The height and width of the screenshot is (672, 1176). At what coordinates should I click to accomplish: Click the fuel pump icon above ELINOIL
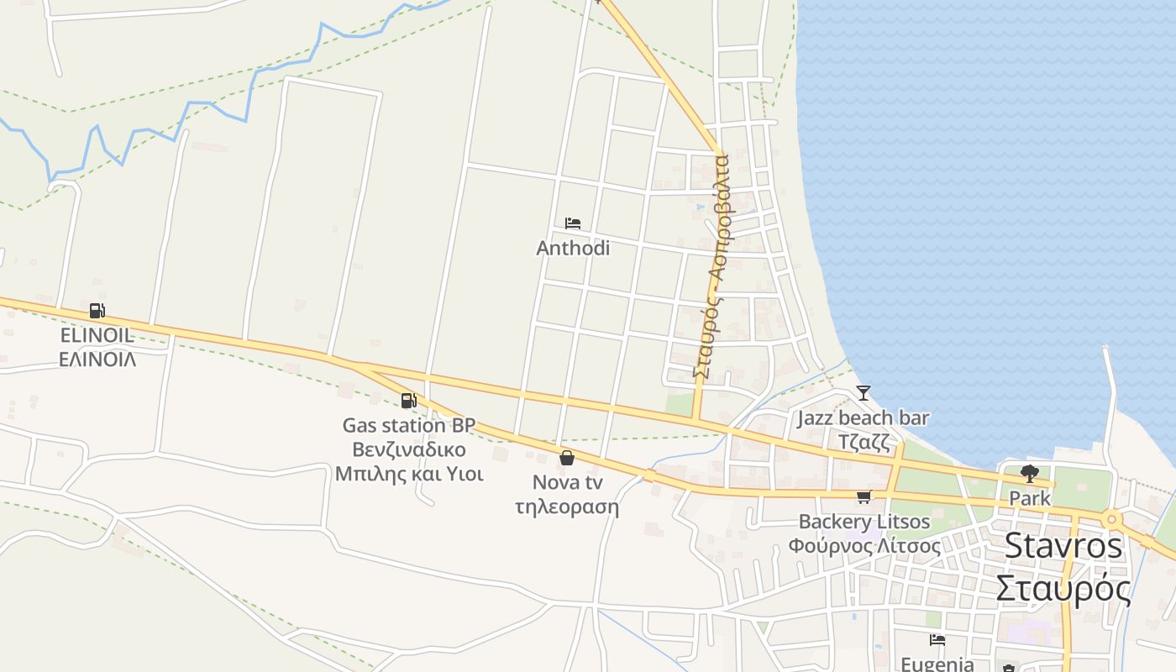(x=97, y=311)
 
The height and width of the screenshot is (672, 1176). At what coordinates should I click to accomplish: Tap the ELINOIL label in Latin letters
(x=97, y=335)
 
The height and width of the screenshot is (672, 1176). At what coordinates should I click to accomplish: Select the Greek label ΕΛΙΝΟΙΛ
(x=97, y=359)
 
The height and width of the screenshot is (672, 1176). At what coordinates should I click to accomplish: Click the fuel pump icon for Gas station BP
(x=409, y=401)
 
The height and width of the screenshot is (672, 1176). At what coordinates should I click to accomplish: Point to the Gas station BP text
(x=409, y=426)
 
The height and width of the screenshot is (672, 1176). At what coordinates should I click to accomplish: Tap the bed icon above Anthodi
(x=573, y=223)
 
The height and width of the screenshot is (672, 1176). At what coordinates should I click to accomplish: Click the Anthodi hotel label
(x=573, y=249)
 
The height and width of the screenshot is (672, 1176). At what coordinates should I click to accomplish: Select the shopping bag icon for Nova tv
(x=567, y=458)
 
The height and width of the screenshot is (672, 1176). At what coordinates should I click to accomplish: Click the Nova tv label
(x=567, y=483)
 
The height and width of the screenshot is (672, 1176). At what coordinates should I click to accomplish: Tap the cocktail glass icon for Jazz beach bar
(x=863, y=392)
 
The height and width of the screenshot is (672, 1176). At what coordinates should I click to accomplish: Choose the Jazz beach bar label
(x=863, y=417)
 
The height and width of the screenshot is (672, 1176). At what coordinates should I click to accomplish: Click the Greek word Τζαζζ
(x=864, y=441)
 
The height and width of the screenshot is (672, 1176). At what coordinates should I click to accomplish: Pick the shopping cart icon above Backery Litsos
(x=864, y=497)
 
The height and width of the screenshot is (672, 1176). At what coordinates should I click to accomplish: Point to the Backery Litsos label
(x=864, y=522)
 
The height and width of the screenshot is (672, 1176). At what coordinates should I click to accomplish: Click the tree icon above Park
(x=1030, y=474)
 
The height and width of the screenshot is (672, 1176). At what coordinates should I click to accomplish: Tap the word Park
(x=1030, y=498)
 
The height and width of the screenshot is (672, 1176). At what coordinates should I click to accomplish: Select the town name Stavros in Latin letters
(x=1063, y=546)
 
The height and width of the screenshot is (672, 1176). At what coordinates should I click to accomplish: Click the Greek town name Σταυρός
(x=1063, y=588)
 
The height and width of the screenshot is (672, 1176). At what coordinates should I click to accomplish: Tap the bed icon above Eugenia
(x=937, y=640)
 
